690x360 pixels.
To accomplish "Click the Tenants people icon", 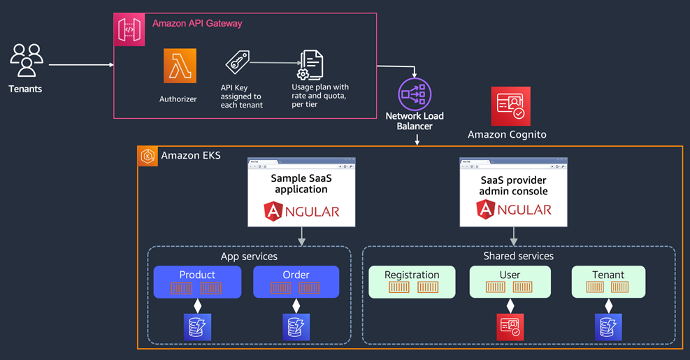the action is (27, 60).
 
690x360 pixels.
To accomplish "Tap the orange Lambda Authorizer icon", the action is (180, 66).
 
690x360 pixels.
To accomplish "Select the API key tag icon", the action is (238, 62).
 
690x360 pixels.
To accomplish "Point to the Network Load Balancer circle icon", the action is (415, 94).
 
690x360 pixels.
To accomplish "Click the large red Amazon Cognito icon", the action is (510, 106).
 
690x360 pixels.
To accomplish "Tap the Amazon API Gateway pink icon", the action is (129, 29).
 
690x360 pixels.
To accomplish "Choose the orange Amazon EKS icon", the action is (148, 157).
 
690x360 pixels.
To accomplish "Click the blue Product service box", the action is (197, 282).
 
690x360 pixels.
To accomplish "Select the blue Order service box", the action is (296, 282).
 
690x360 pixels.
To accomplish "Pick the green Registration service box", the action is (412, 282).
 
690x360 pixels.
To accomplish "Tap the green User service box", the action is (510, 282).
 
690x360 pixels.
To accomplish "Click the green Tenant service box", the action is (608, 282).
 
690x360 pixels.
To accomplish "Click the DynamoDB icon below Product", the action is (197, 327).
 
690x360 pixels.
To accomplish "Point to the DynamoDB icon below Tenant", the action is (608, 327).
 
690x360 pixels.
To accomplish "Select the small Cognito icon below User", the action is (510, 327).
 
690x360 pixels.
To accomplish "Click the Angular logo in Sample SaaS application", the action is (301, 211).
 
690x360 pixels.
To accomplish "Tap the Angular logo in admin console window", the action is (514, 210).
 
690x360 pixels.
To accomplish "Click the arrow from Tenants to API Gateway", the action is (81, 65).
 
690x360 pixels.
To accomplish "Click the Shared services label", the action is (519, 256).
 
